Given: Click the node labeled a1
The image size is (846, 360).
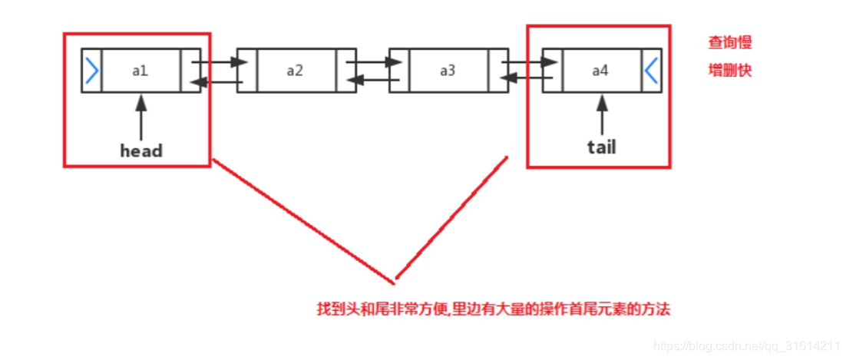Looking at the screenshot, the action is (x=140, y=71).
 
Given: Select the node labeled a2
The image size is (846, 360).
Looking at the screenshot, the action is (x=295, y=71).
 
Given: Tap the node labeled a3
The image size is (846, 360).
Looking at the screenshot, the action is (x=448, y=71).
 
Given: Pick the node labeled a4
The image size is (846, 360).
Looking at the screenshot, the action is (x=600, y=71).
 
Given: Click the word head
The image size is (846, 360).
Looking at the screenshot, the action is (x=141, y=150).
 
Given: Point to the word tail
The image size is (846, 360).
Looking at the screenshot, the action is (x=601, y=147).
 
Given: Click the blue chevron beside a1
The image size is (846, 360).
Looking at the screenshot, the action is (x=92, y=71).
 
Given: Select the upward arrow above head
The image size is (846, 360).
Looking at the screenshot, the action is (x=141, y=115).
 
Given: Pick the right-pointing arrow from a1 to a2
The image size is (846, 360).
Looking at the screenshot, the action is (x=218, y=61).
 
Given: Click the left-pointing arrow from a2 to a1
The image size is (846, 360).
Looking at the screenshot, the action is (x=218, y=81).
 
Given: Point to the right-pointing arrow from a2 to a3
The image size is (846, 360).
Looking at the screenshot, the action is (x=372, y=61).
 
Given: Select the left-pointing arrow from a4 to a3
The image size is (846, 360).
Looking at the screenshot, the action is (x=525, y=78).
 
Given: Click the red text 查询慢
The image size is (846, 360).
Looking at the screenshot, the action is (x=729, y=43).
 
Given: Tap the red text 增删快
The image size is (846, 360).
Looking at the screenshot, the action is (x=729, y=70).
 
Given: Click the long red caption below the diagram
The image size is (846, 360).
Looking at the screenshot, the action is (x=494, y=309).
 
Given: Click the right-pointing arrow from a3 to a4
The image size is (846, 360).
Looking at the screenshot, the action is (x=525, y=61).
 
